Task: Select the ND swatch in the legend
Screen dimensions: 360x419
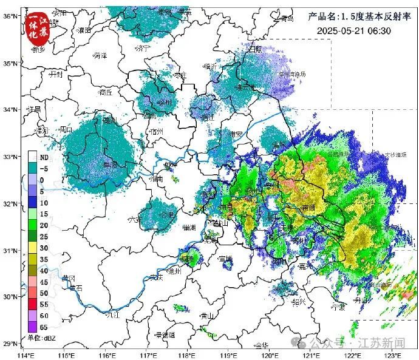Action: click(x=33, y=157)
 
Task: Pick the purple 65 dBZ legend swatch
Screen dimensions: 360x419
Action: click(x=33, y=328)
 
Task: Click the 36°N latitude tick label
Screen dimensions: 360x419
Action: click(x=9, y=16)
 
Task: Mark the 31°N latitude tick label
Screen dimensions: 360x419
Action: click(x=9, y=250)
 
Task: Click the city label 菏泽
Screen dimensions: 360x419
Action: click(x=101, y=55)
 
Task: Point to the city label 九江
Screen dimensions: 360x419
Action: click(x=113, y=314)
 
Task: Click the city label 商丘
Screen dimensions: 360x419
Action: click(x=106, y=92)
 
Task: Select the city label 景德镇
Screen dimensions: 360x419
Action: click(x=165, y=335)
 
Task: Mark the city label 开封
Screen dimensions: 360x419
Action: click(x=56, y=73)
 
